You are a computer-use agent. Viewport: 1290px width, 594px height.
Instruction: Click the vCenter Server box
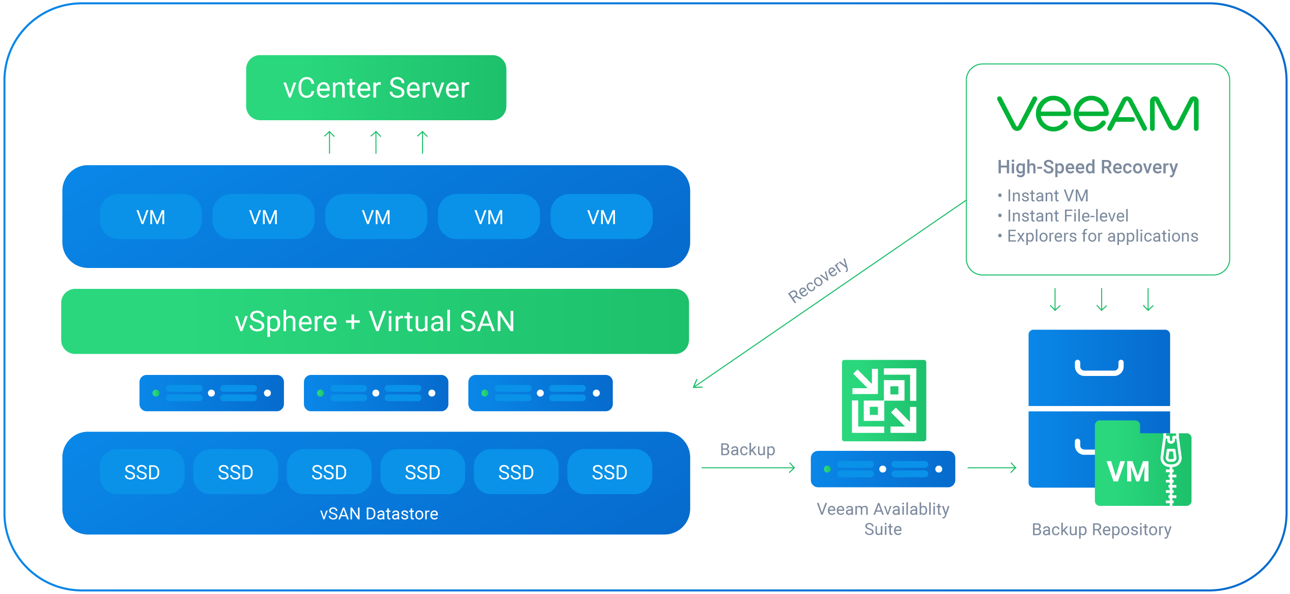(376, 88)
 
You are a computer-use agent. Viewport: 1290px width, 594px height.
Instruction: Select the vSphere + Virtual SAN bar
(375, 321)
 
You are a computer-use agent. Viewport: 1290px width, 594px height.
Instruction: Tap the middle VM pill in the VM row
(376, 217)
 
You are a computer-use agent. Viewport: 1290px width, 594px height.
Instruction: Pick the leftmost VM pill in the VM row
(151, 217)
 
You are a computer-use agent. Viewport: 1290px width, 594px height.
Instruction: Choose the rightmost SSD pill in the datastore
(609, 472)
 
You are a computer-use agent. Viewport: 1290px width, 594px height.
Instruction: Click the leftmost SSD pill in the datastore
(142, 472)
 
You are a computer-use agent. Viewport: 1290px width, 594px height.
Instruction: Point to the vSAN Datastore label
(379, 514)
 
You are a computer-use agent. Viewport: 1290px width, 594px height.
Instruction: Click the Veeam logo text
(1098, 114)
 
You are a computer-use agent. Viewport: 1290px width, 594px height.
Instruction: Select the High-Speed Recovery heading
(1087, 167)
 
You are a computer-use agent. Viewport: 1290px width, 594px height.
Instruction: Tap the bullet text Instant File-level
(1068, 216)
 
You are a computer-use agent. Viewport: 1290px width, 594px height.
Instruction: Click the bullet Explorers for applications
(1102, 236)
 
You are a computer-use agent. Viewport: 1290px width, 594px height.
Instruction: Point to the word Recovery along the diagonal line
(818, 280)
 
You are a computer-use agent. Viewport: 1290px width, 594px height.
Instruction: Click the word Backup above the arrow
(747, 449)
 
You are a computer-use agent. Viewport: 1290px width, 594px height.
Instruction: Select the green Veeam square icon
(884, 400)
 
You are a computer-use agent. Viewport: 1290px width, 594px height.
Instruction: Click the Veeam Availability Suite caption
(883, 519)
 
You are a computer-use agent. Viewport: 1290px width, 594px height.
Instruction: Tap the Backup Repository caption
(1101, 530)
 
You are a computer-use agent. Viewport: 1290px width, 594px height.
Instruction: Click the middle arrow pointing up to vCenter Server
(376, 142)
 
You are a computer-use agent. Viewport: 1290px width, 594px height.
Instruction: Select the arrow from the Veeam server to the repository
(992, 468)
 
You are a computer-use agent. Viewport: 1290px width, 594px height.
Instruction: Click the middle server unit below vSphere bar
(376, 393)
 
